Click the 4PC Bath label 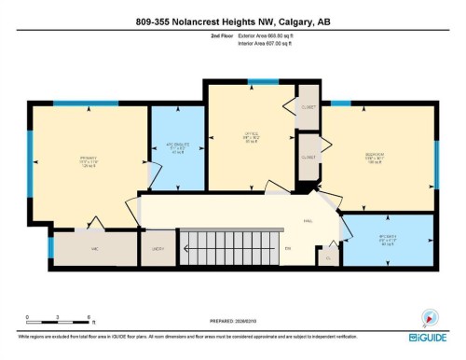click(x=388, y=239)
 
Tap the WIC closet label click(x=95, y=249)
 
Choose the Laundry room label click(x=158, y=249)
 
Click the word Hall click(x=307, y=221)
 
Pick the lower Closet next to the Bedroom click(x=311, y=158)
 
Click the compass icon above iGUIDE click(x=431, y=317)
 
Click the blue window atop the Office click(x=250, y=81)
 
